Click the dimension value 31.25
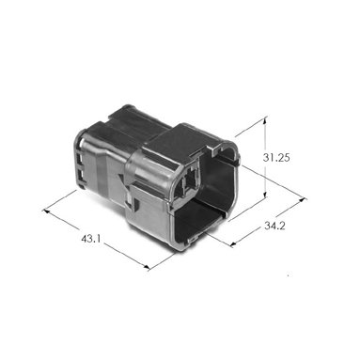276,158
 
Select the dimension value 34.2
274,226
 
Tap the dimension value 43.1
91,239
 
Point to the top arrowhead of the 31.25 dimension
266,120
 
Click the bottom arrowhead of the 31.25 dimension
266,195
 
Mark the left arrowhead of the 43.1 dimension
46,211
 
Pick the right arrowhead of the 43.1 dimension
147,267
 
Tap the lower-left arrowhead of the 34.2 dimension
233,243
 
